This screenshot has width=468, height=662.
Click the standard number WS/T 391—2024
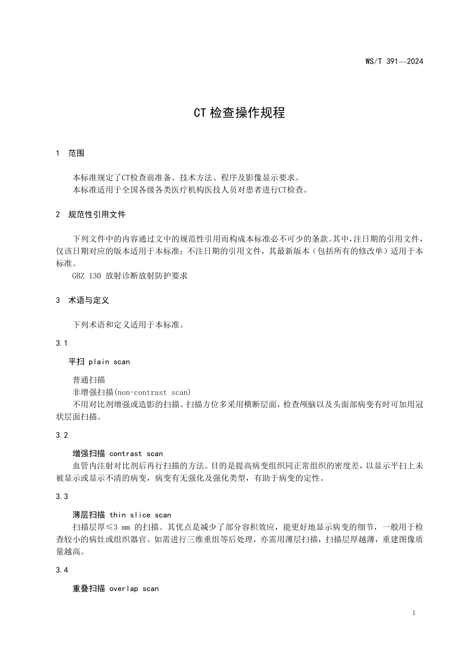[394, 62]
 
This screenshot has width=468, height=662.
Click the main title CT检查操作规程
[239, 113]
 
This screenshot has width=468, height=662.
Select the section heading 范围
[76, 153]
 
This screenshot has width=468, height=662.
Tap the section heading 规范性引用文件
[97, 214]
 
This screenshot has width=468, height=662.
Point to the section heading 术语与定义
[88, 300]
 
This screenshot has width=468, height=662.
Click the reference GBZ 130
[87, 276]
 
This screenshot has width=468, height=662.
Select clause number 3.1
[62, 343]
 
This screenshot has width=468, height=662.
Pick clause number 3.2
[62, 435]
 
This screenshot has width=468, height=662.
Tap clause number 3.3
[62, 496]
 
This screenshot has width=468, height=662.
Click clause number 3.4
[62, 570]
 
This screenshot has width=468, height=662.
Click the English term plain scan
[109, 362]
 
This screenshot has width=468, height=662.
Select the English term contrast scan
[136, 454]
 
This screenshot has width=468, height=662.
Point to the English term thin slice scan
[140, 515]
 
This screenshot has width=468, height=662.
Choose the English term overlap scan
[134, 589]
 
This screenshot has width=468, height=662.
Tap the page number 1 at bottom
[414, 613]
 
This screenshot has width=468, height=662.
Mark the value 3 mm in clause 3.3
[122, 527]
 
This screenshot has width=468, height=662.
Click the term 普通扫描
[89, 380]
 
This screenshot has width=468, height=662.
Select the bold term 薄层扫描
[89, 515]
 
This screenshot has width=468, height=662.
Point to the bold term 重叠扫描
[89, 589]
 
